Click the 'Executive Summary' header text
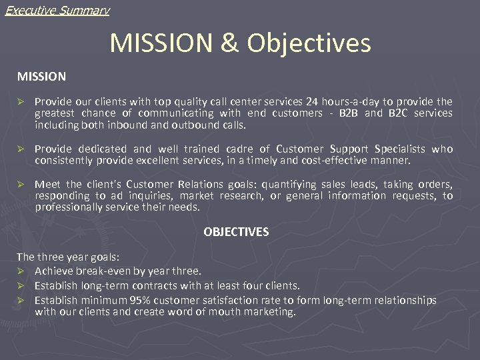(57, 10)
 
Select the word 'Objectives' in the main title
(309, 43)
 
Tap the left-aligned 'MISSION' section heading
(41, 77)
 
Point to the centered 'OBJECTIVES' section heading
(236, 232)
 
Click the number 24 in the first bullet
(312, 102)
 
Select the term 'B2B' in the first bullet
(348, 113)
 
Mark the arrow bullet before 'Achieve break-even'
(21, 271)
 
